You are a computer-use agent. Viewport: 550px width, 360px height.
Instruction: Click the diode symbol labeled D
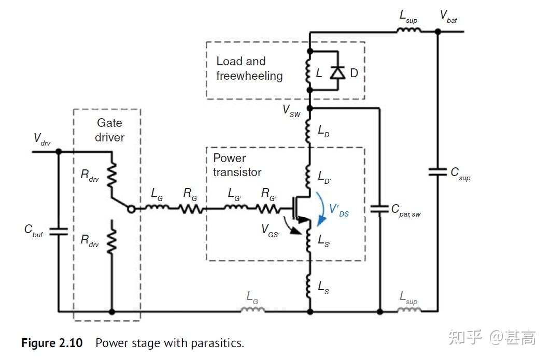coord(338,73)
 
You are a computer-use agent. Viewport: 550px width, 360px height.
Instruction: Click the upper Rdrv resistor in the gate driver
coord(111,174)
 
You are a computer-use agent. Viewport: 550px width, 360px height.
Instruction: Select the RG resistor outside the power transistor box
coord(190,209)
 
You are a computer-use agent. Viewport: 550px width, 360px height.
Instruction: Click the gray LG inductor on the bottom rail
coord(252,310)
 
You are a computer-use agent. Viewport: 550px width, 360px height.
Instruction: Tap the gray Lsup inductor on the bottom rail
coord(408,310)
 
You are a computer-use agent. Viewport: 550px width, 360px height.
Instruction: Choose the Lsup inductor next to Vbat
coord(408,31)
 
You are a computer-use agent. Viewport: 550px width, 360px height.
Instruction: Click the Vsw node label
coord(291,110)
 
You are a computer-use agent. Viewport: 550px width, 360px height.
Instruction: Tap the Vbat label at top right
coord(448,16)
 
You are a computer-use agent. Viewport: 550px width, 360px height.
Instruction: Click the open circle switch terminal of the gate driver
coord(132,209)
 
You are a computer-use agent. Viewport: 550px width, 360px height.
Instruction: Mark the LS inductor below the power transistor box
coord(309,287)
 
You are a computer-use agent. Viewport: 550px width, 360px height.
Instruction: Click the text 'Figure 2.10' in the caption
coord(51,343)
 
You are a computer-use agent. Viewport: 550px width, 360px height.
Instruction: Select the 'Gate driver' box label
coord(110,130)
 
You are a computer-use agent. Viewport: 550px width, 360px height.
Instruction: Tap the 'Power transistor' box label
coord(237,165)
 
